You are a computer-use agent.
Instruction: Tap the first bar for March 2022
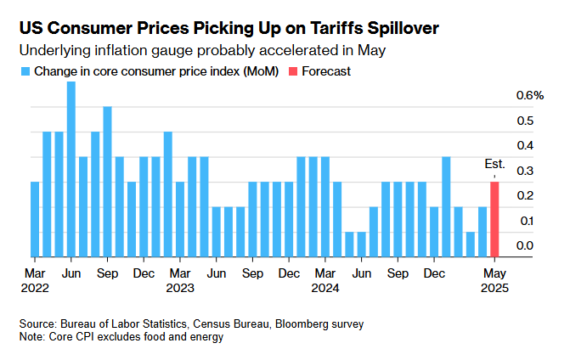(35, 218)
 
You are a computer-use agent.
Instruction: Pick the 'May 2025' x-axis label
(495, 281)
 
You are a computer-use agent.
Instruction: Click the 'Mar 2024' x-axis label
(325, 281)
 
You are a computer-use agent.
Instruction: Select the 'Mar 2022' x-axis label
(35, 281)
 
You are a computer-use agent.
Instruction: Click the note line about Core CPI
(121, 337)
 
